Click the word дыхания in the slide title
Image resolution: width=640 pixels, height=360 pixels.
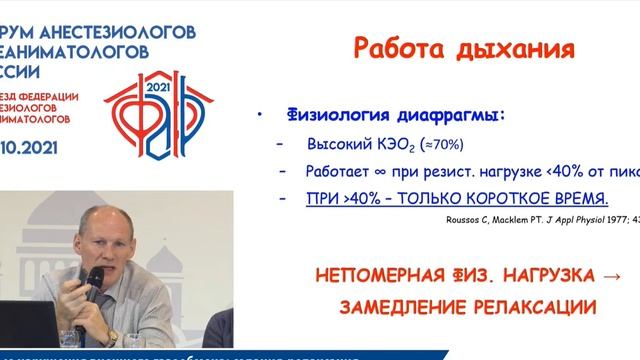(x=510, y=49)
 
